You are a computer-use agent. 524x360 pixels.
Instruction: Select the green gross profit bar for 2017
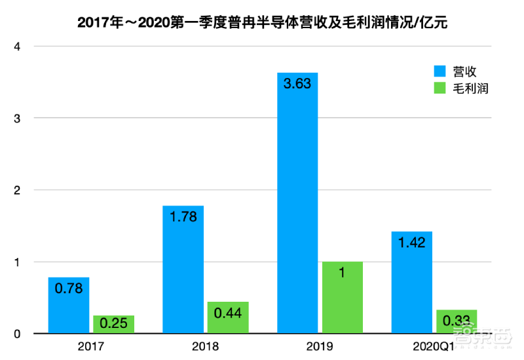coord(114,325)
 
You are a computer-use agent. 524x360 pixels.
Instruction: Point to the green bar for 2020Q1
coord(457,322)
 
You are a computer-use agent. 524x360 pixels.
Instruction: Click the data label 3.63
coord(297,84)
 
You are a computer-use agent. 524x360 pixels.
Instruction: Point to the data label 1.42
coord(411,243)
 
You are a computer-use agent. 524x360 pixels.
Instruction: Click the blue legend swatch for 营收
coord(439,71)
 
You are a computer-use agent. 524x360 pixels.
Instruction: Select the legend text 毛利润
coord(472,88)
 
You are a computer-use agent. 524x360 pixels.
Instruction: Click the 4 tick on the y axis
coord(18,46)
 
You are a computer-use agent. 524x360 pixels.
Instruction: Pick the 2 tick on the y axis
coord(18,190)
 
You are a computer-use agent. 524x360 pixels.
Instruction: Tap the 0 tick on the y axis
coord(18,334)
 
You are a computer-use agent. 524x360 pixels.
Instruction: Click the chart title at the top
coord(262,22)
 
